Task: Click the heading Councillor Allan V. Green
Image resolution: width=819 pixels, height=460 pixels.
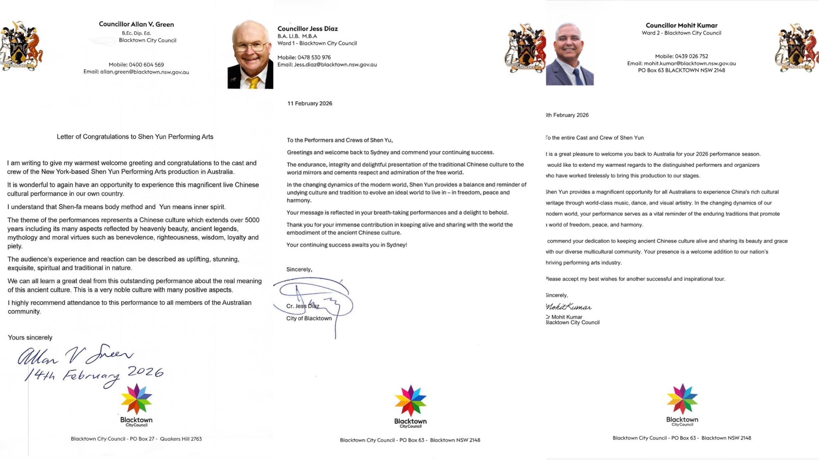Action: pyautogui.click(x=136, y=24)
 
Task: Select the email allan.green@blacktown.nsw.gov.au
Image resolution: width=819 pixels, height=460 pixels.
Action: pyautogui.click(x=145, y=72)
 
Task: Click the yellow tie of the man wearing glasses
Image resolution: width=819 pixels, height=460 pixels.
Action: pyautogui.click(x=253, y=83)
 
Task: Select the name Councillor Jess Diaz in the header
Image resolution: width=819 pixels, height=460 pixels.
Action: pyautogui.click(x=308, y=29)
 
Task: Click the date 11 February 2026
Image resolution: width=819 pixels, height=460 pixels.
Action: pyautogui.click(x=310, y=104)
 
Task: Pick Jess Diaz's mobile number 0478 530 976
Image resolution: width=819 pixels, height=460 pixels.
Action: pyautogui.click(x=314, y=57)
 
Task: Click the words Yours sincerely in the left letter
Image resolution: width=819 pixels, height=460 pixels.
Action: pyautogui.click(x=30, y=338)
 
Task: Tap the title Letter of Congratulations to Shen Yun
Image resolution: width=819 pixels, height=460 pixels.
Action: pyautogui.click(x=135, y=137)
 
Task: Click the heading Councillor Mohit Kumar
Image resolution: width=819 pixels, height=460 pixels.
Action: pyautogui.click(x=681, y=25)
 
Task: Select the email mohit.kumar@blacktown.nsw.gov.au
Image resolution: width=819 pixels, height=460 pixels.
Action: pyautogui.click(x=690, y=63)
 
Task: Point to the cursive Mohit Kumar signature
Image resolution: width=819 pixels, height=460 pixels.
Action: pyautogui.click(x=569, y=307)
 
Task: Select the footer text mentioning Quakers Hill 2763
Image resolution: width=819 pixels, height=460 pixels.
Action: pyautogui.click(x=136, y=439)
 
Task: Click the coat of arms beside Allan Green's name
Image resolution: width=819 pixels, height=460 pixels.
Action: pyautogui.click(x=21, y=46)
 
